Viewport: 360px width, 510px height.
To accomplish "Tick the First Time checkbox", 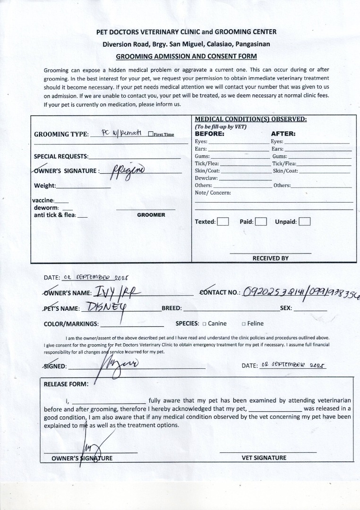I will [150, 134].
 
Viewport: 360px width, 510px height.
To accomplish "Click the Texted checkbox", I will [223, 221].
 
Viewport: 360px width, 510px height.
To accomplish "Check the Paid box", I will [261, 221].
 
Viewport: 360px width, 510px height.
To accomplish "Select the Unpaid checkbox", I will [305, 221].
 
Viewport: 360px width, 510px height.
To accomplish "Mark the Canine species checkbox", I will [204, 324].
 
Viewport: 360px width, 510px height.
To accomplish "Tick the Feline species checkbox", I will [243, 324].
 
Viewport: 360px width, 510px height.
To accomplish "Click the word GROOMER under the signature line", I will [151, 215].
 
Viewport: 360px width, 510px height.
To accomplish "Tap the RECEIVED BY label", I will [270, 258].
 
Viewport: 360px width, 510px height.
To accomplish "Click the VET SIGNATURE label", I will [264, 458].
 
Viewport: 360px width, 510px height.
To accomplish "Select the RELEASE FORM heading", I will [66, 384].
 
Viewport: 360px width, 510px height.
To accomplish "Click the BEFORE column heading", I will [209, 134].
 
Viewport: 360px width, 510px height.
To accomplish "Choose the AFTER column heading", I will [283, 134].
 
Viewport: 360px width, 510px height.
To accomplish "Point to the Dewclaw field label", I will [206, 178].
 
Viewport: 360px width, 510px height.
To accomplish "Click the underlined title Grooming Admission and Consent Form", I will [186, 56].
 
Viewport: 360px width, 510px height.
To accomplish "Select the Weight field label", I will [45, 186].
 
